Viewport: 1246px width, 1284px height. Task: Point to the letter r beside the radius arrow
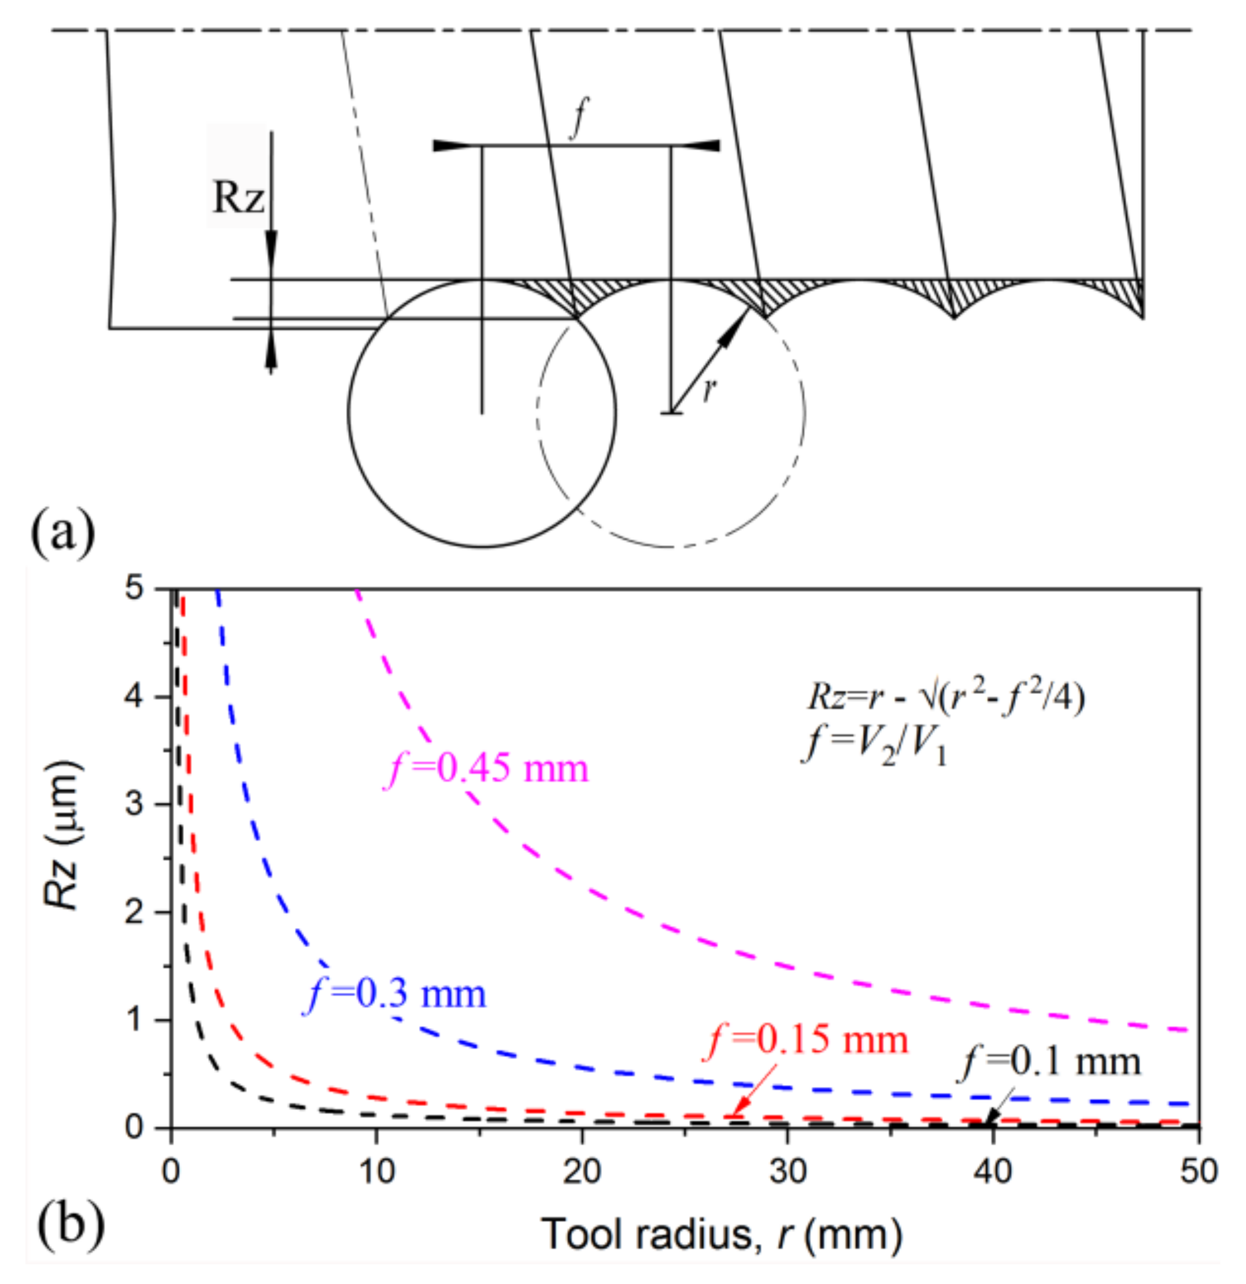click(x=708, y=391)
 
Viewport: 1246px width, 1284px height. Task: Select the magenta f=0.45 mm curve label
click(x=486, y=768)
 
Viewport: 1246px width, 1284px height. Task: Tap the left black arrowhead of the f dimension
click(x=452, y=146)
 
